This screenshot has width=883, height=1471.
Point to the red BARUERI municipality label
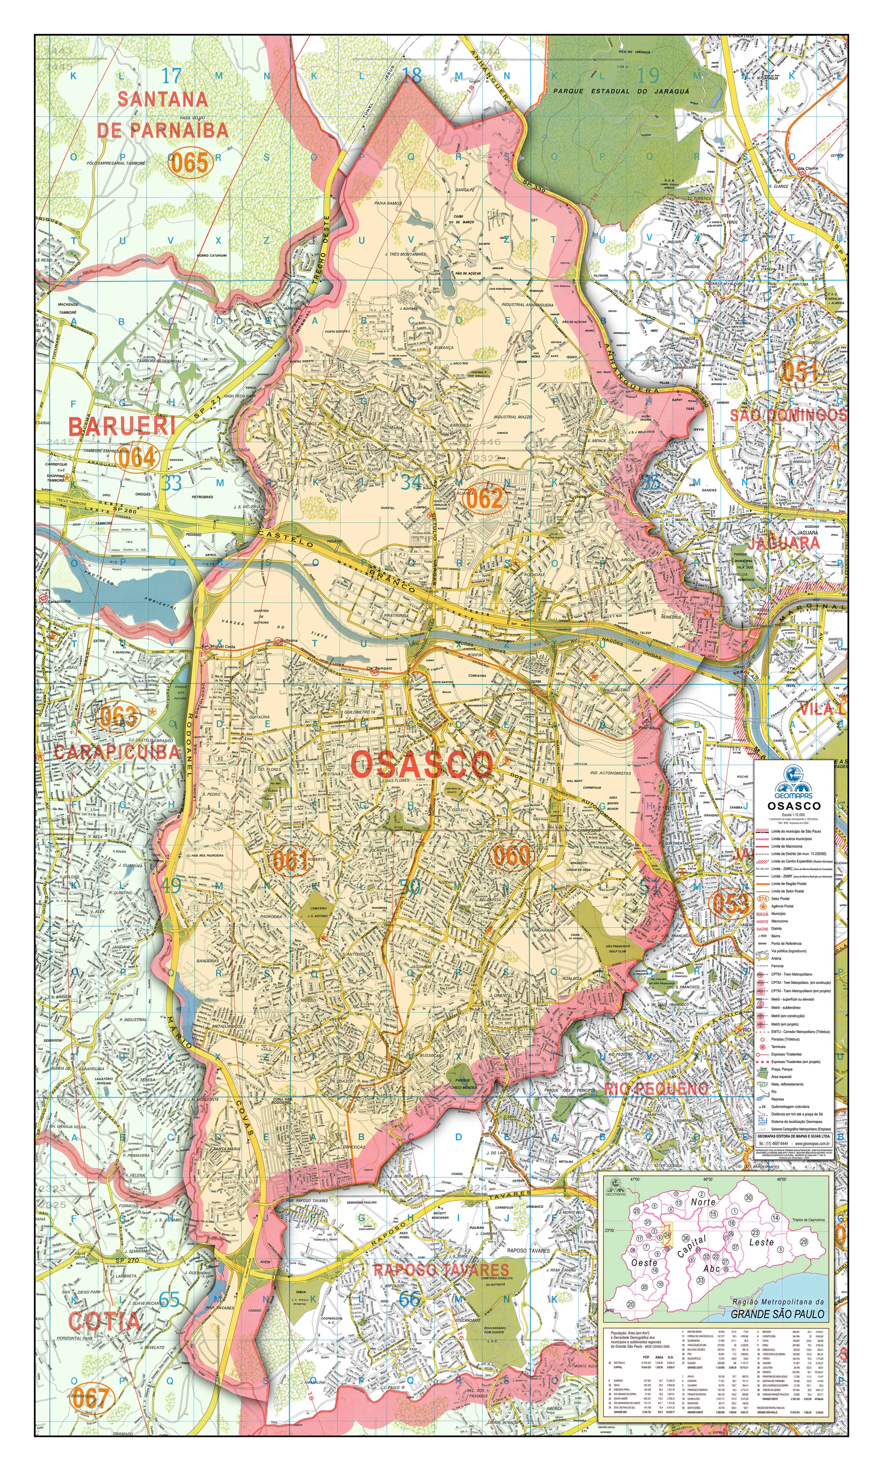coord(122,426)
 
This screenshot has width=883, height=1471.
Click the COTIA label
coord(105,1321)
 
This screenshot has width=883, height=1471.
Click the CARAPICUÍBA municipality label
coord(117,752)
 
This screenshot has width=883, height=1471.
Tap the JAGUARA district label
coord(784,543)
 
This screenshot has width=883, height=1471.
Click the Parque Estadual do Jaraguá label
coord(621,91)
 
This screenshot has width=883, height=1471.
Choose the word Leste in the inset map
coord(761,1242)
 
